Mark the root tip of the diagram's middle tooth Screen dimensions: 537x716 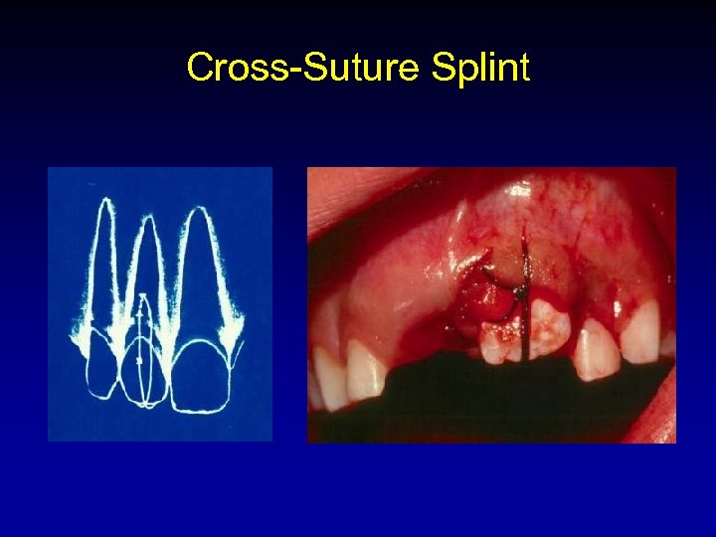tap(147, 219)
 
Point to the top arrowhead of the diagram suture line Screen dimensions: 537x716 tap(142, 296)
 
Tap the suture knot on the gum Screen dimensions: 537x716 tap(518, 291)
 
